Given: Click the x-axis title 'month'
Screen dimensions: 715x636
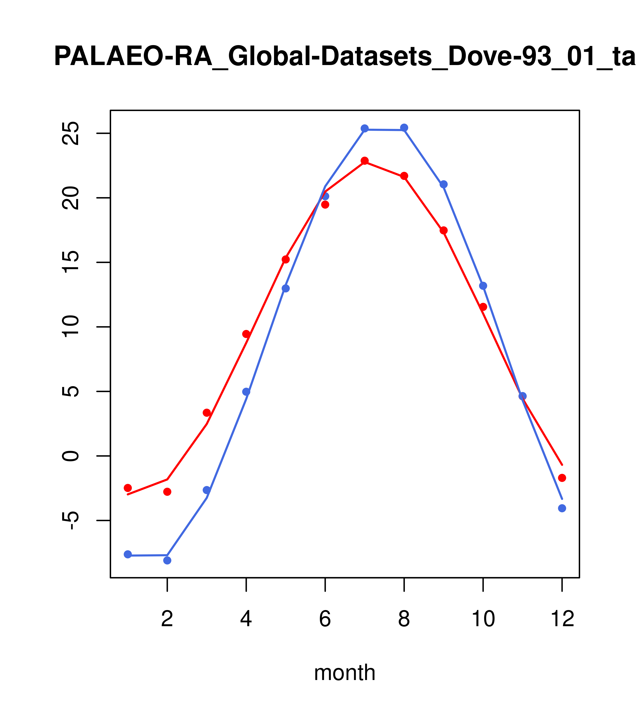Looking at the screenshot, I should tap(344, 673).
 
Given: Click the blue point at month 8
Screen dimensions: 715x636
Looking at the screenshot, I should tap(404, 128).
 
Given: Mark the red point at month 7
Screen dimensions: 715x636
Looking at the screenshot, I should tap(365, 161).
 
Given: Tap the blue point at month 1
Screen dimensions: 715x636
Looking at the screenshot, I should tap(128, 554).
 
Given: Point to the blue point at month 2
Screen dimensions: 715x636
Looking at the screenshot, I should tap(167, 560).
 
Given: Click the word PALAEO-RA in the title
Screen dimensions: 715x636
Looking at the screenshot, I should tap(133, 57).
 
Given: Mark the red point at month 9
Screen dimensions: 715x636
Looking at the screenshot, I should tap(443, 230).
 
